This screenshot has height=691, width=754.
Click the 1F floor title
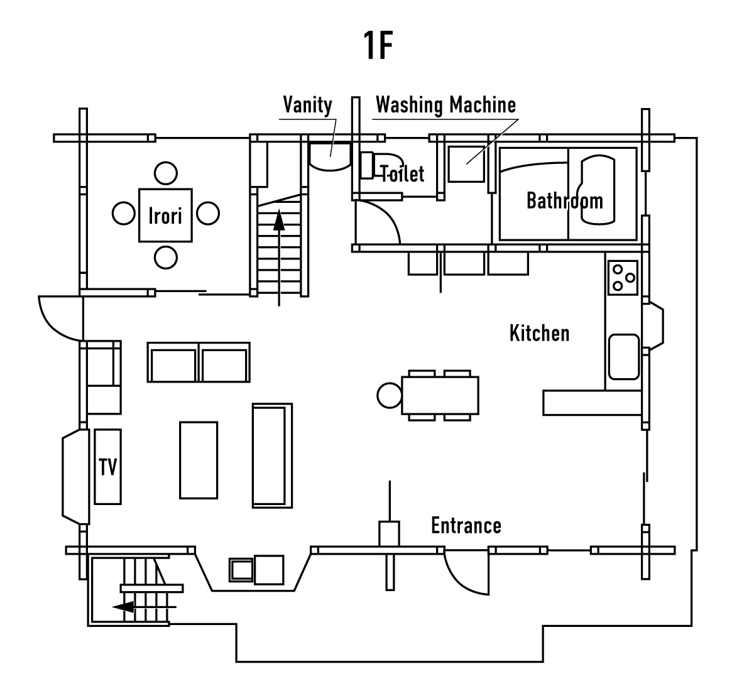click(378, 45)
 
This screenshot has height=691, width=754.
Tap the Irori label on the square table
click(165, 215)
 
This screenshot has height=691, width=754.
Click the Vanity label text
click(307, 105)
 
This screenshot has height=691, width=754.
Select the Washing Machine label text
click(445, 105)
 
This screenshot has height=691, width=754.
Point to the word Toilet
click(403, 173)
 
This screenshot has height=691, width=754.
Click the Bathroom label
click(564, 201)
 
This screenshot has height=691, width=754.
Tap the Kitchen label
click(539, 333)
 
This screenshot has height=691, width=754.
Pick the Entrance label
click(466, 525)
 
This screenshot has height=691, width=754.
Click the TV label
click(108, 467)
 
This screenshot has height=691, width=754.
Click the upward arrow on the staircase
click(279, 223)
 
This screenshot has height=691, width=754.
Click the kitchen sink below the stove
click(623, 357)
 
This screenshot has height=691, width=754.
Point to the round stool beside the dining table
click(390, 395)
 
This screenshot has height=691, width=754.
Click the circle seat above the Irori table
click(165, 173)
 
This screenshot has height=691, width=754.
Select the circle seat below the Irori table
click(165, 257)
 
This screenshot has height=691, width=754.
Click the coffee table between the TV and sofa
click(199, 460)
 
